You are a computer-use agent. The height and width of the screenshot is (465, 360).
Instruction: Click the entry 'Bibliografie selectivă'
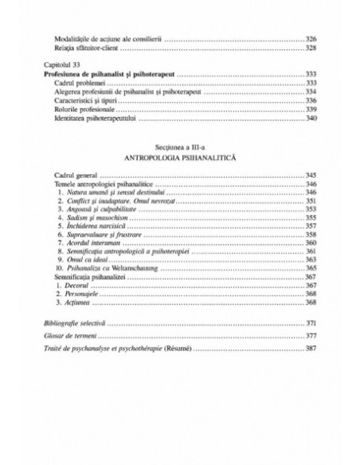(x=78, y=324)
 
